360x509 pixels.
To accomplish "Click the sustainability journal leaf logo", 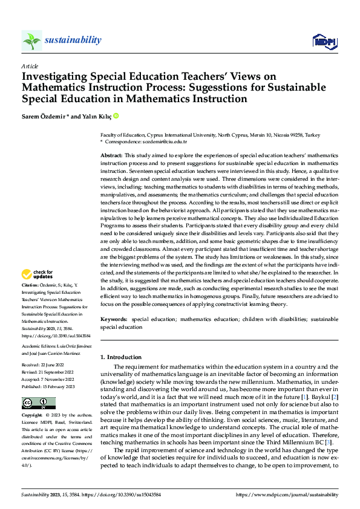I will pos(31,41).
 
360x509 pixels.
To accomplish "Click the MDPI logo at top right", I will pos(324,41).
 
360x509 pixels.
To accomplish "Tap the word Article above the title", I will pos(30,66).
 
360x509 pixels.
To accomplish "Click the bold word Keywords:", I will pos(114,319).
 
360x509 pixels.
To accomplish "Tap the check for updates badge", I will pos(38,274).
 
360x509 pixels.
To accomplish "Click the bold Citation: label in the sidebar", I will pos(30,285).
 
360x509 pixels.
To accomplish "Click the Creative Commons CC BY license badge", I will pos(38,403).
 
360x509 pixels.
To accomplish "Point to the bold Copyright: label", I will pos(33,416).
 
